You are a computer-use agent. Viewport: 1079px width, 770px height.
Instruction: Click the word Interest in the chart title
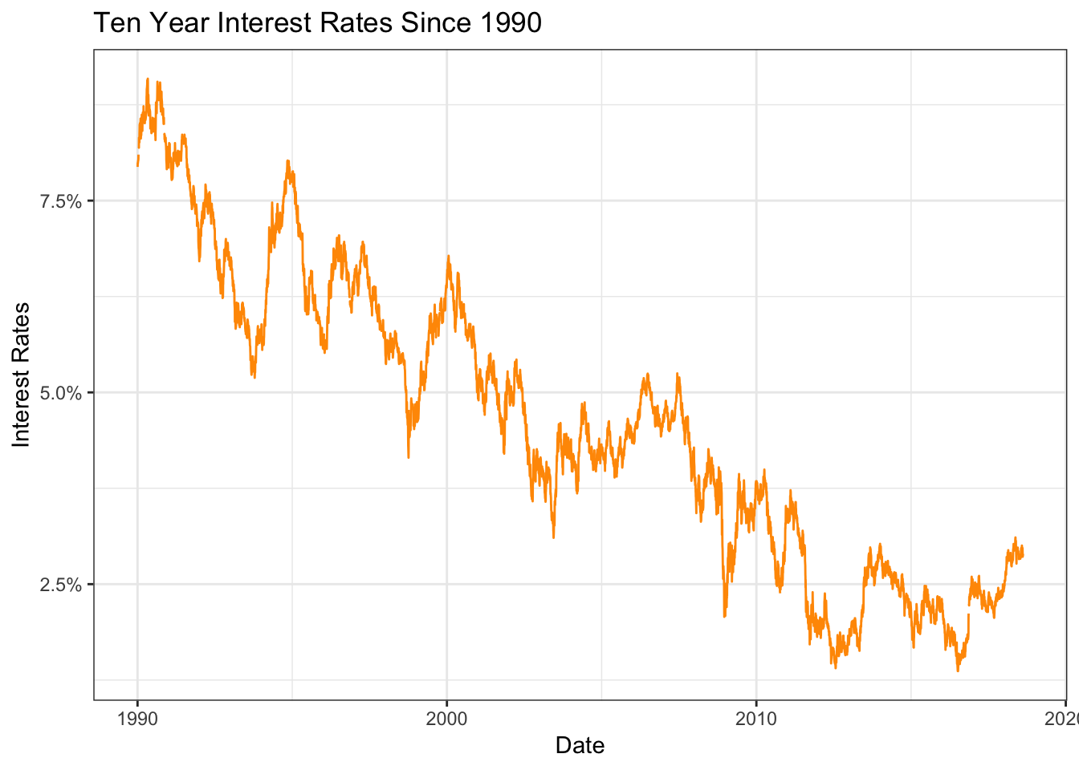[262, 22]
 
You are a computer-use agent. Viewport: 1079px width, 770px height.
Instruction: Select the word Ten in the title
[112, 22]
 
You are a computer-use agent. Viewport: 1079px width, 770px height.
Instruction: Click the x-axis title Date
[580, 745]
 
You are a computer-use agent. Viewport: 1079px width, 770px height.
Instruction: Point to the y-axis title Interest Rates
[22, 375]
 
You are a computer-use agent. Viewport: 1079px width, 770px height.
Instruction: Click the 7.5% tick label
[61, 201]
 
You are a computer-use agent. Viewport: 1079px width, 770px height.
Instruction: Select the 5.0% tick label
[61, 393]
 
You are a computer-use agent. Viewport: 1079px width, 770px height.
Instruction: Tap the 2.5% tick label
[61, 585]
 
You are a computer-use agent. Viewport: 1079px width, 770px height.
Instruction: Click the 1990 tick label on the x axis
[137, 718]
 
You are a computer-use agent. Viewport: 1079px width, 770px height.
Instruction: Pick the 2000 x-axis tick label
[446, 718]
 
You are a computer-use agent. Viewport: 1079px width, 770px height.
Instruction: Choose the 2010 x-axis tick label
[755, 718]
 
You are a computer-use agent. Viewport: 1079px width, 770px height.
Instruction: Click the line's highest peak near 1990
[148, 79]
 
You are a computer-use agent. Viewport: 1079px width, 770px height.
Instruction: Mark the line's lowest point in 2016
[958, 671]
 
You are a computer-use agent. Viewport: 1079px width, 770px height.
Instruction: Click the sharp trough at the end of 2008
[724, 616]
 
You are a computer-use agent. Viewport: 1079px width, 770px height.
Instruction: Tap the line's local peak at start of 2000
[448, 256]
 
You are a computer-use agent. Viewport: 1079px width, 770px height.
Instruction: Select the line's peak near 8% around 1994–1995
[287, 160]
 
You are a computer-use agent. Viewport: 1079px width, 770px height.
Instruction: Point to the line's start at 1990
[137, 165]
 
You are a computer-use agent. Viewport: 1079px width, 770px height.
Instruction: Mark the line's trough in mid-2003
[553, 537]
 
